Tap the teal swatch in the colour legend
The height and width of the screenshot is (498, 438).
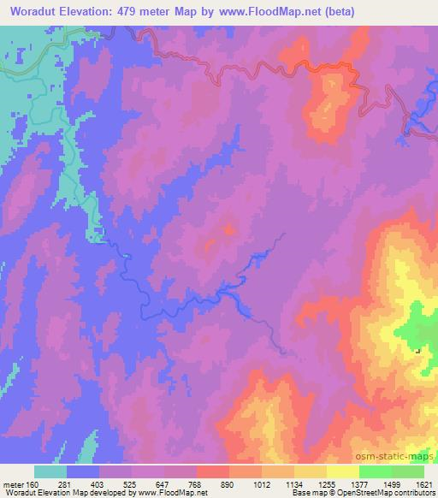tap(50, 471)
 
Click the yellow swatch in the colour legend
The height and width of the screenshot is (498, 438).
tap(311, 471)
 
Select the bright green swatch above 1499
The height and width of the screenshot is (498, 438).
tap(376, 471)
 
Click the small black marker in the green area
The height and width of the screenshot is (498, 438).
tap(417, 350)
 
